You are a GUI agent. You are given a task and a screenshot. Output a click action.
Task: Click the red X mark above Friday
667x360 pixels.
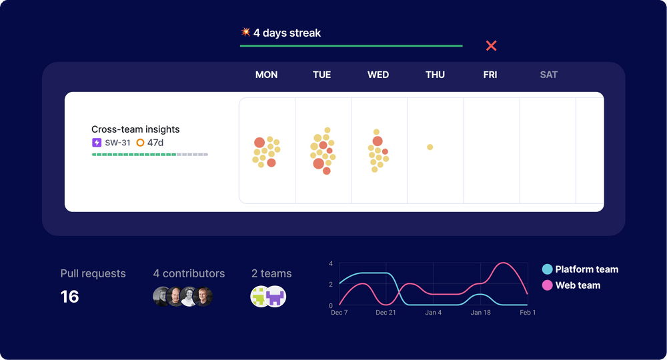coord(491,45)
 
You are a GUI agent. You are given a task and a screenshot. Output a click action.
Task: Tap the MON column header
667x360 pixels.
coord(266,75)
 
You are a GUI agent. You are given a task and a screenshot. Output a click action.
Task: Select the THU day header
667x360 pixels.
coord(435,75)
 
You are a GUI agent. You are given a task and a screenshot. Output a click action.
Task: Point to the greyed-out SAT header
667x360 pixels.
coord(548,75)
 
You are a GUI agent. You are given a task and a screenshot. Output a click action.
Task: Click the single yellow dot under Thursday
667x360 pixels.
coord(430,147)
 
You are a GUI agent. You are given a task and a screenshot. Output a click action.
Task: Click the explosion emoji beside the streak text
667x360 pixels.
coord(245,32)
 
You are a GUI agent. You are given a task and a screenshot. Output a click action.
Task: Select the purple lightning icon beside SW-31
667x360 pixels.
coord(97,143)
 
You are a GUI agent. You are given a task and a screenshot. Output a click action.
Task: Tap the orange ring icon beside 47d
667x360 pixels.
coord(140,143)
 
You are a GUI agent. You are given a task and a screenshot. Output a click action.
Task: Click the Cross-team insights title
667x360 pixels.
coord(135,129)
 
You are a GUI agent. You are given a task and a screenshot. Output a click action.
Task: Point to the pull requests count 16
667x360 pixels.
coord(70,297)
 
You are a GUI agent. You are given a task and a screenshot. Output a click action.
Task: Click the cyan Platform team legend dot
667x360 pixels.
coord(547,269)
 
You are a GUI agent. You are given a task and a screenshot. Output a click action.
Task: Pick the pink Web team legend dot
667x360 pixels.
coord(547,285)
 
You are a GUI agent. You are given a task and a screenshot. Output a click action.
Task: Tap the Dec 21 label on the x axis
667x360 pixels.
coord(386,313)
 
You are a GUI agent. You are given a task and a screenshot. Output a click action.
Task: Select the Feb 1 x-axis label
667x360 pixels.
coord(527,313)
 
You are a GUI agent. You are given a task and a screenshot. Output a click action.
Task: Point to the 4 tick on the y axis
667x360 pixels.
coord(331,264)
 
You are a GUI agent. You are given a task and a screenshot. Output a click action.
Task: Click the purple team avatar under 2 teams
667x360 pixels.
coord(275,297)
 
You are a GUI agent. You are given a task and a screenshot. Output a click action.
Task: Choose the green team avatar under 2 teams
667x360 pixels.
coord(260,297)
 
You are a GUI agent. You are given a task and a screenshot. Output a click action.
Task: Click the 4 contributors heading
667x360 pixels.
coord(189,273)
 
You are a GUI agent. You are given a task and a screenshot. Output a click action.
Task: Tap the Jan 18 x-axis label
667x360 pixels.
coord(481,313)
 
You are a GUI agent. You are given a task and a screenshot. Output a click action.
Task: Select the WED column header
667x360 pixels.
coord(378,75)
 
